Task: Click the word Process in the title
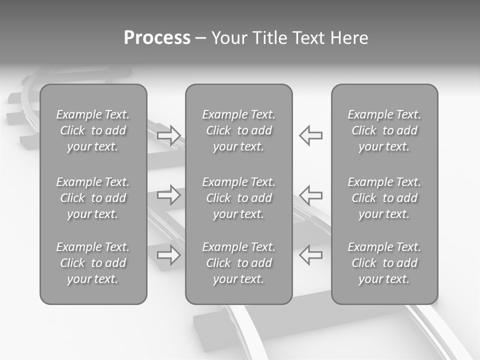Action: click(x=157, y=38)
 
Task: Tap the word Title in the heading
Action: click(x=269, y=38)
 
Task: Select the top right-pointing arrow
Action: click(x=169, y=135)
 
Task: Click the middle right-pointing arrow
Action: click(x=169, y=194)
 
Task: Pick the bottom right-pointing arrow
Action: click(x=169, y=254)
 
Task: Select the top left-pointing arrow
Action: click(x=310, y=135)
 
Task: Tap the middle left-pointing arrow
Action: click(x=310, y=194)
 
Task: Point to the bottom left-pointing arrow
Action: click(x=310, y=254)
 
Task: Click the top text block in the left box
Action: click(x=93, y=130)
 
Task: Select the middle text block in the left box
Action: click(x=93, y=198)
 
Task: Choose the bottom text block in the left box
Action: click(x=93, y=263)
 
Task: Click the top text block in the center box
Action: click(x=239, y=130)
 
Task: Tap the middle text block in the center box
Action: click(x=239, y=198)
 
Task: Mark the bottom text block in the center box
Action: click(x=239, y=263)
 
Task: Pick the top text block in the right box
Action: click(x=384, y=130)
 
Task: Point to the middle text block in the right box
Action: click(x=384, y=198)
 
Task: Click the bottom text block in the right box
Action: click(x=384, y=263)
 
